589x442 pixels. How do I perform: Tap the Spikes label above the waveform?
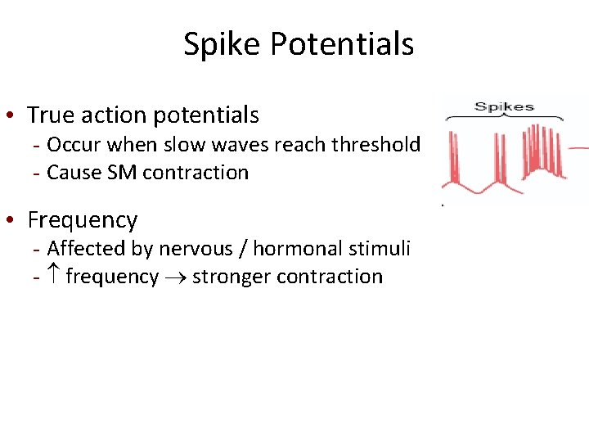(x=504, y=106)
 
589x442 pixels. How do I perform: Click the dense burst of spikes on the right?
(x=545, y=151)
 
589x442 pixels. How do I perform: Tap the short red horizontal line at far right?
(x=579, y=148)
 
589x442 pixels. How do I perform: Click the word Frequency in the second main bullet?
(x=83, y=220)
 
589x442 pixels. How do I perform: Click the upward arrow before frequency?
(x=54, y=277)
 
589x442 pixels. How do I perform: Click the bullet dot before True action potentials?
(x=15, y=116)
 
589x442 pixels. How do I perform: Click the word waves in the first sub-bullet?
(x=239, y=145)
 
